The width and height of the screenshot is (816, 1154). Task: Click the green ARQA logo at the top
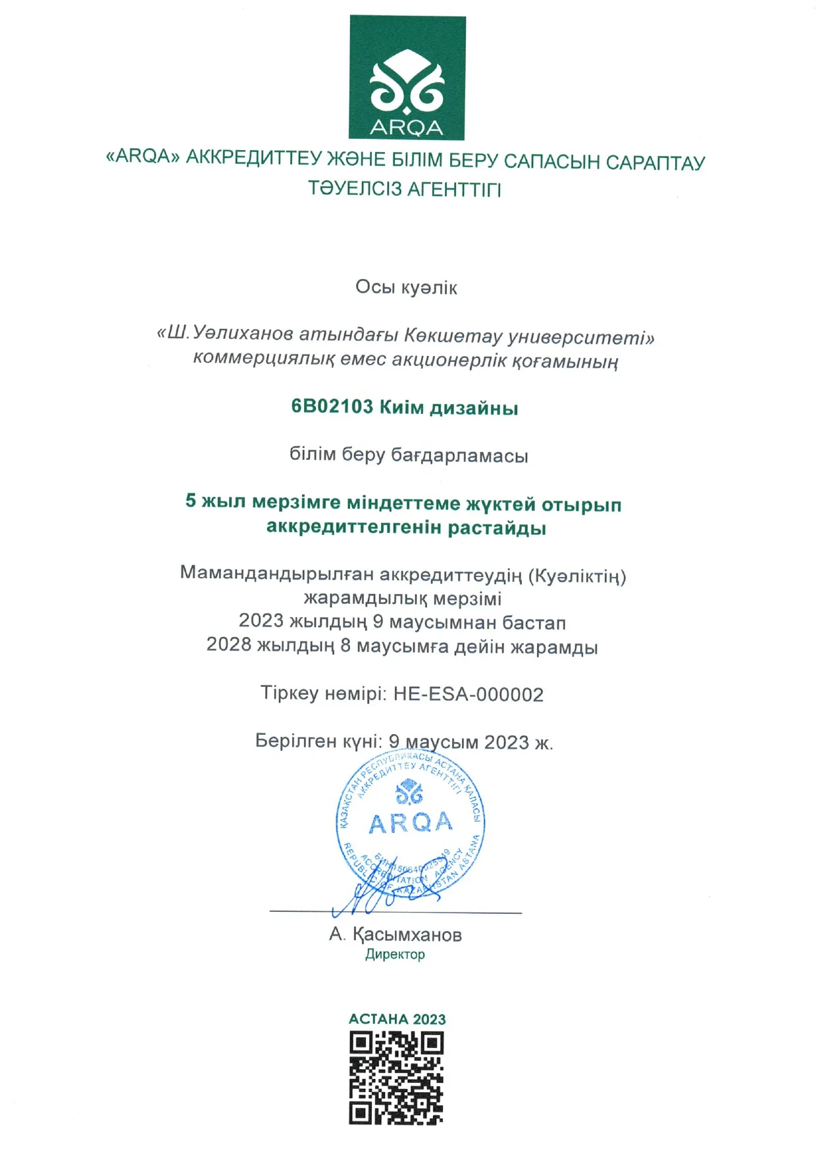(407, 78)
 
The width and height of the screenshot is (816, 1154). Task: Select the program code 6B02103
(332, 406)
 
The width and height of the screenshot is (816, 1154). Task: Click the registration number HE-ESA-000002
(469, 695)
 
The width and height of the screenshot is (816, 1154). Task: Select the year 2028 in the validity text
(229, 645)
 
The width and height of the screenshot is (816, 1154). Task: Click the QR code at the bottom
(396, 1078)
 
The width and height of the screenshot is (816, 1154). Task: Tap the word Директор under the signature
(395, 954)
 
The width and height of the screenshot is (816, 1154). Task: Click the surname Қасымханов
(407, 934)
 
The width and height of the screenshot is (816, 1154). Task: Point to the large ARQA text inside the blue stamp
(411, 823)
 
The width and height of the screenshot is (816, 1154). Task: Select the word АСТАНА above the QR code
(378, 1019)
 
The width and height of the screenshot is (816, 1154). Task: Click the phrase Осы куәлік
(406, 288)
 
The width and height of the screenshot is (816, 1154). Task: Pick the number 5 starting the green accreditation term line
(191, 501)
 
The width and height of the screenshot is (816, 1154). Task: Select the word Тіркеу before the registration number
(290, 693)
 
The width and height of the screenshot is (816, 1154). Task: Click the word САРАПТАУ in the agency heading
(655, 163)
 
